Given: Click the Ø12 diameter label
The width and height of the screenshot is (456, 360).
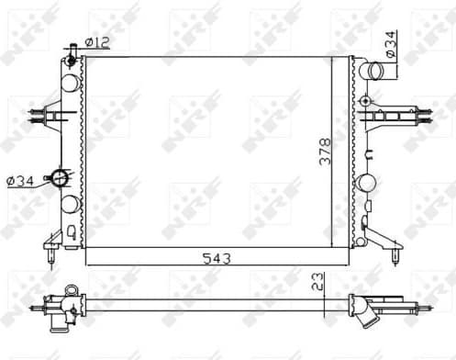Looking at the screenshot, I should tap(97, 42).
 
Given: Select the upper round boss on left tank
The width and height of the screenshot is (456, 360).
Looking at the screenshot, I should tap(69, 83).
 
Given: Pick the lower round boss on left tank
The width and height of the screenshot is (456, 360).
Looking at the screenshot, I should tap(69, 203).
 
